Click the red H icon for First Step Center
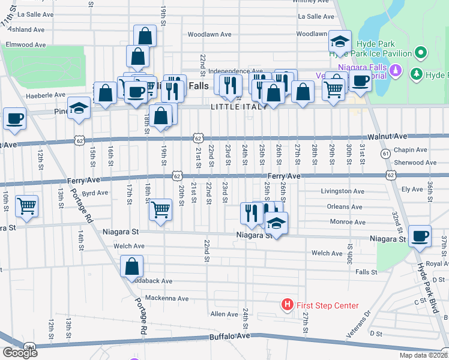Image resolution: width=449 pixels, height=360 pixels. (x=288, y=305)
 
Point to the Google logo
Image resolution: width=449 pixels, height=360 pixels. (x=20, y=352)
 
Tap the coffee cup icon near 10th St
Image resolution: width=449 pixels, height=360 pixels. (x=15, y=118)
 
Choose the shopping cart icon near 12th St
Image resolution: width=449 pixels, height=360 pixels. (x=26, y=206)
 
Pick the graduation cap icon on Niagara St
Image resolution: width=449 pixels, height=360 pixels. (x=276, y=223)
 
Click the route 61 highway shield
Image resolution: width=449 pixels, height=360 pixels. (x=384, y=154)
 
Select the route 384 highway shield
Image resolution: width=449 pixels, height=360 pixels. (x=29, y=347)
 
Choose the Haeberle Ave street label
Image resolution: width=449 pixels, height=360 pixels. (x=45, y=95)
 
